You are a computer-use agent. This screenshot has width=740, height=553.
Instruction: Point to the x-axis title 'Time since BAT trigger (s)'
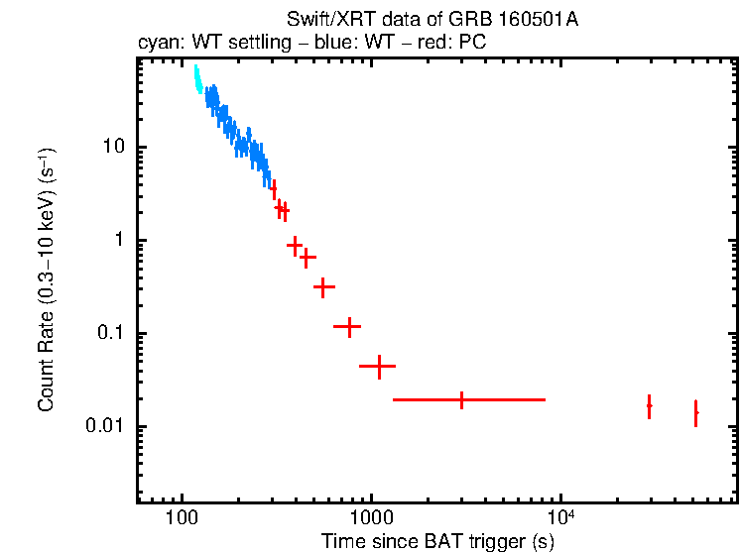click(x=437, y=541)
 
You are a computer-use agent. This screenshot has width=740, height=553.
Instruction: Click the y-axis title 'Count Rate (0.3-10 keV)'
click(x=46, y=280)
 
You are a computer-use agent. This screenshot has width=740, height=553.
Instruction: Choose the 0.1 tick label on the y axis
click(x=107, y=334)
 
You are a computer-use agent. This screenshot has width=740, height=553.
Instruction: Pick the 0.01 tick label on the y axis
click(x=103, y=427)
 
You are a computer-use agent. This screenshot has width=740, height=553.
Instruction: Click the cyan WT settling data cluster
click(x=197, y=79)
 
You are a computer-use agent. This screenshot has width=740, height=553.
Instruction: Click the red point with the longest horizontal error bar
click(x=462, y=399)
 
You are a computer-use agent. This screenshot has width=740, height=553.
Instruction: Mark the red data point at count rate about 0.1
click(x=348, y=326)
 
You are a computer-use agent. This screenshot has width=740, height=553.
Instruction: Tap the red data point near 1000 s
click(x=378, y=366)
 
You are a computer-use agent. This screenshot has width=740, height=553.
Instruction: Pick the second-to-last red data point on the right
click(x=649, y=405)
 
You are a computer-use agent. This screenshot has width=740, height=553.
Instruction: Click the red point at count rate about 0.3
click(x=322, y=286)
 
